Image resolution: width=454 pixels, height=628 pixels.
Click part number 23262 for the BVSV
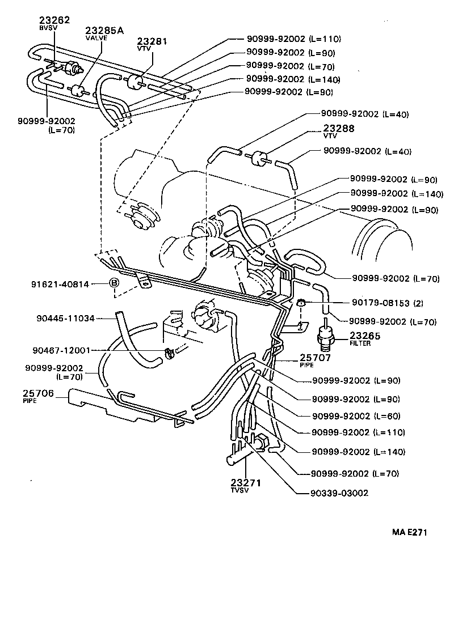coord(54,20)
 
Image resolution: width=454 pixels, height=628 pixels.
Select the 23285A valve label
coord(104,30)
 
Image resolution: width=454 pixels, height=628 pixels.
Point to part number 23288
coord(339,129)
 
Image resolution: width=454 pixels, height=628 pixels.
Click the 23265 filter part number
coord(365,336)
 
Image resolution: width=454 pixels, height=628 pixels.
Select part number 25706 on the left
coord(38,393)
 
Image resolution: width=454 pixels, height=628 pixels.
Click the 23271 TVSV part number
coord(245,483)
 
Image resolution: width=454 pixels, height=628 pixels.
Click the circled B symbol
coord(113,283)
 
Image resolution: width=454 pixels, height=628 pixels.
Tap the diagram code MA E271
coord(409,532)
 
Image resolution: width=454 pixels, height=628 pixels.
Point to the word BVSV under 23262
coord(45,27)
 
